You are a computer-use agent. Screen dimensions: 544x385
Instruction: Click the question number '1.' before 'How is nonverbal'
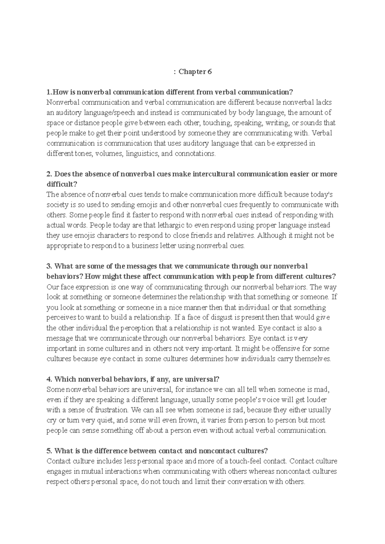tap(49, 92)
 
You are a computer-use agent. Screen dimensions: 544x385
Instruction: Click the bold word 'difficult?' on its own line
tap(62, 185)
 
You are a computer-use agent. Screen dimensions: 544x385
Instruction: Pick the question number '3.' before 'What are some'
tap(49, 266)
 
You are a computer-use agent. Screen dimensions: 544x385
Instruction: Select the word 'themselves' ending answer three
tap(312, 359)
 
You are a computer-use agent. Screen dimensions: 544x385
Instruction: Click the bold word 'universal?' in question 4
tap(204, 379)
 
